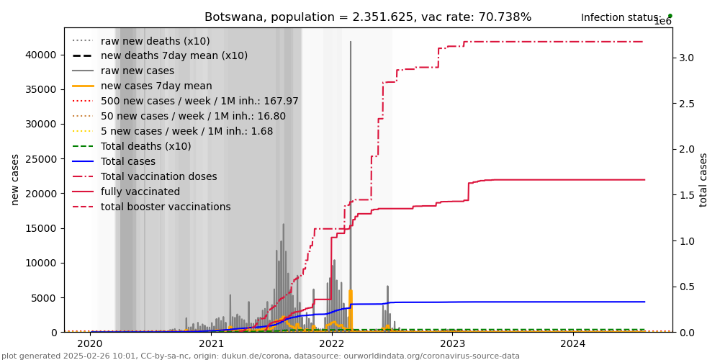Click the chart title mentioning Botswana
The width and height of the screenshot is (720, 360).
368,17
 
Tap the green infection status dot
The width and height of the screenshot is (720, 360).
670,16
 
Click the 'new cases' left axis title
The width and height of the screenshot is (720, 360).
15,179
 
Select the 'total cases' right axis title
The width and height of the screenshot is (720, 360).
703,179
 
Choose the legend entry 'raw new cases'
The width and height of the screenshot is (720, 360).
137,71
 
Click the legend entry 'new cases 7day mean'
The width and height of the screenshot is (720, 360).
152,86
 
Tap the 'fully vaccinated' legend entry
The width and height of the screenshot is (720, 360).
140,192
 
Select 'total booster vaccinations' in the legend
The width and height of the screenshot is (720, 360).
166,207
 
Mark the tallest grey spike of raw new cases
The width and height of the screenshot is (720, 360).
351,43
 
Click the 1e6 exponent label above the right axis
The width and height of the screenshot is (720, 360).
662,22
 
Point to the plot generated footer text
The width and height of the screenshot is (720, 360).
260,356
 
